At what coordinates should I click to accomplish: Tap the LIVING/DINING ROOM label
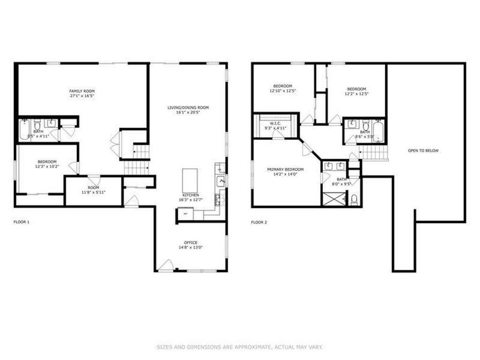(188, 107)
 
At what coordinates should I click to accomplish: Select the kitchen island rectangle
(190, 180)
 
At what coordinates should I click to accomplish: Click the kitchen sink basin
(220, 180)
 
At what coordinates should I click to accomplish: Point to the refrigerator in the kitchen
(185, 214)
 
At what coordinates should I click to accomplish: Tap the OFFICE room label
(191, 242)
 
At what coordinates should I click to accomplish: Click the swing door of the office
(165, 266)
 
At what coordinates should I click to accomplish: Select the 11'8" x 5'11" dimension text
(93, 192)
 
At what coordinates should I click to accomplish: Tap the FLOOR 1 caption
(22, 222)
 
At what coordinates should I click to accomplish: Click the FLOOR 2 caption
(259, 222)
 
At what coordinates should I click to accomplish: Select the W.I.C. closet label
(275, 124)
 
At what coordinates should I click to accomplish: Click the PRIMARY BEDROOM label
(285, 169)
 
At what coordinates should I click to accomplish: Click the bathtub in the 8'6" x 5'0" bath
(378, 131)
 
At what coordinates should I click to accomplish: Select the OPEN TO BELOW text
(423, 150)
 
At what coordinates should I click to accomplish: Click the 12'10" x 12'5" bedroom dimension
(283, 90)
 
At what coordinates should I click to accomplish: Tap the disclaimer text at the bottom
(240, 347)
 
